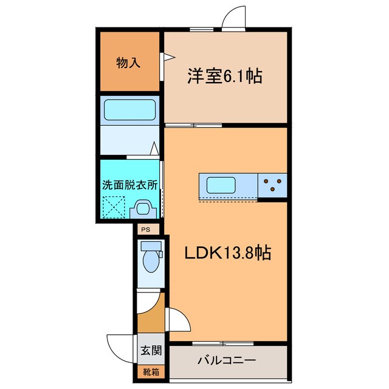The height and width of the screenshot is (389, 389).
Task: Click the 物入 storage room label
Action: point(129,62)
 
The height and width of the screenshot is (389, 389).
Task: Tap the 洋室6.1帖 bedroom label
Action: point(224,77)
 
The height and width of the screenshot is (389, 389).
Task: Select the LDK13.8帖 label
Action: point(228,253)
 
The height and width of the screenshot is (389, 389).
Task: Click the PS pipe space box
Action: point(145,229)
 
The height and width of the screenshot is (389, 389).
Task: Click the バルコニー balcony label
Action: point(227,360)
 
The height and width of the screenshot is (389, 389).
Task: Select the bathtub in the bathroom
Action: point(130,111)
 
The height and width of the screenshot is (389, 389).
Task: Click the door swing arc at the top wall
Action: point(235,20)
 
